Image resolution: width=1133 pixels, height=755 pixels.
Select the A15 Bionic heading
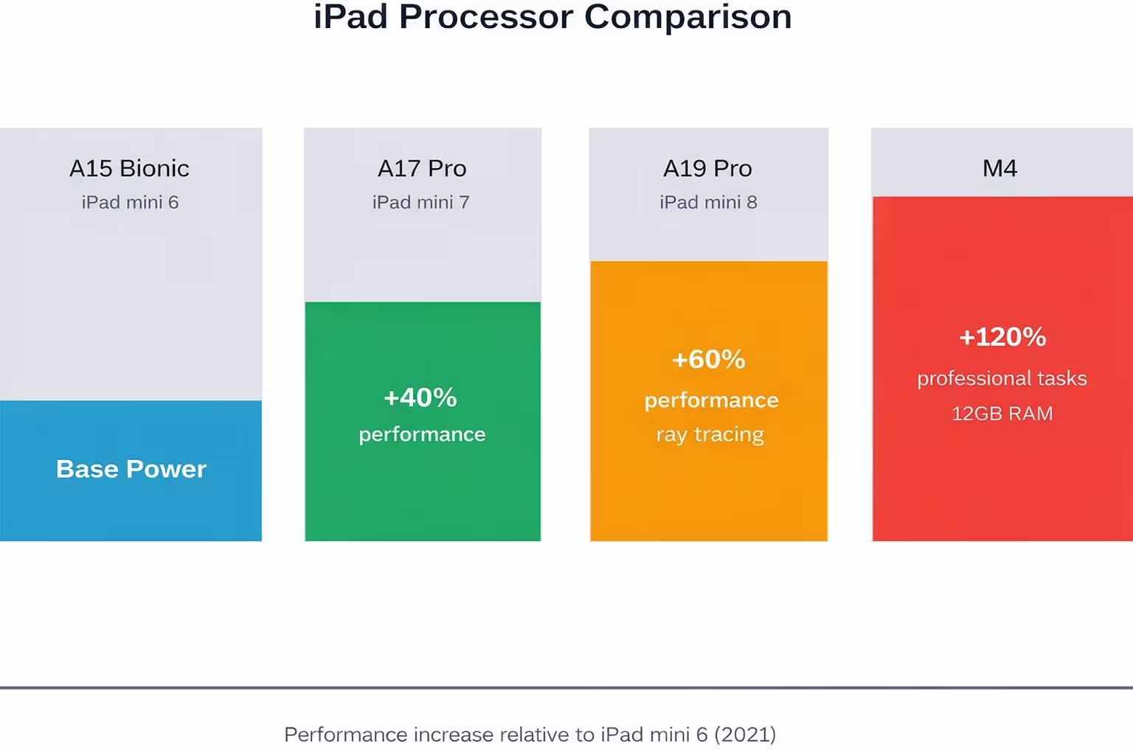[x=129, y=168]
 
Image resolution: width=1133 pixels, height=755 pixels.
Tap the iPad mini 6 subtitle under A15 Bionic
[x=130, y=202]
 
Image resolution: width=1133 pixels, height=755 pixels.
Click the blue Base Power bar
[x=131, y=509]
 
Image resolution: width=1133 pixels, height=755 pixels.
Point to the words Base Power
[x=131, y=469]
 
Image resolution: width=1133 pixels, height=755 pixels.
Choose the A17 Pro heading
[x=422, y=168]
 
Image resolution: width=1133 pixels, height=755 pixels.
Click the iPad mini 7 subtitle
[x=421, y=202]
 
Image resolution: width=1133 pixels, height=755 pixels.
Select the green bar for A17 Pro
[x=423, y=494]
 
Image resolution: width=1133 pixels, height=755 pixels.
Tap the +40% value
[x=420, y=397]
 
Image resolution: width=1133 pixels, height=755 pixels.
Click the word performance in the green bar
[x=422, y=434]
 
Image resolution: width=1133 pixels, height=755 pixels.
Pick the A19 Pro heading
[x=707, y=168]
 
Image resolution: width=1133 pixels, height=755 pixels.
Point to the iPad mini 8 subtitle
[x=708, y=202]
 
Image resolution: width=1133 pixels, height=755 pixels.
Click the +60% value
[x=709, y=359]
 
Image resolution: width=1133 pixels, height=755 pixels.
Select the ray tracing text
[x=710, y=434]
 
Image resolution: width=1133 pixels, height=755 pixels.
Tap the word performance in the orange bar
[x=711, y=400]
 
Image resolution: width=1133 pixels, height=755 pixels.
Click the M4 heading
[x=999, y=168]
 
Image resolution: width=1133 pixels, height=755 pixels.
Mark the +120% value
[x=1002, y=337]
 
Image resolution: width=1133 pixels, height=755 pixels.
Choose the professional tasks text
[x=1002, y=378]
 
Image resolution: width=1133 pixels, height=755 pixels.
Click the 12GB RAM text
[x=1002, y=414]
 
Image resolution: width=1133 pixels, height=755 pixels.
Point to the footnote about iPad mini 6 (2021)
[x=530, y=734]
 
